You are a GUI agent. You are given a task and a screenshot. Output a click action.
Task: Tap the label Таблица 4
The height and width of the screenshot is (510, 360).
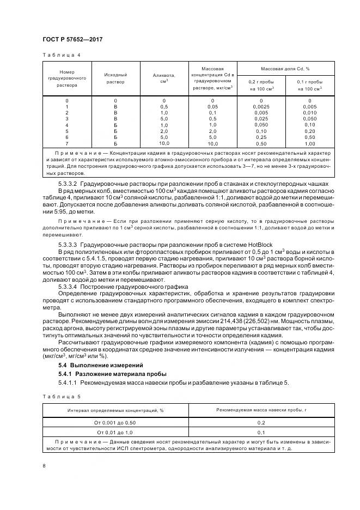coord(61,55)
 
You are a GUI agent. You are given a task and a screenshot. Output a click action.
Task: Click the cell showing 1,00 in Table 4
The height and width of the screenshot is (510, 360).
coord(309,143)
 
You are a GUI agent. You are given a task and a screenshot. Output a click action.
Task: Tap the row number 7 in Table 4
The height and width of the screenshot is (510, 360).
coord(67,143)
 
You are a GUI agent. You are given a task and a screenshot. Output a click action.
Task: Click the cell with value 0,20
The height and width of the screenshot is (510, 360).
coord(309,131)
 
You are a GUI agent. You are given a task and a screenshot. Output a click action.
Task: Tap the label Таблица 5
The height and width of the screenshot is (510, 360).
coord(61,396)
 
